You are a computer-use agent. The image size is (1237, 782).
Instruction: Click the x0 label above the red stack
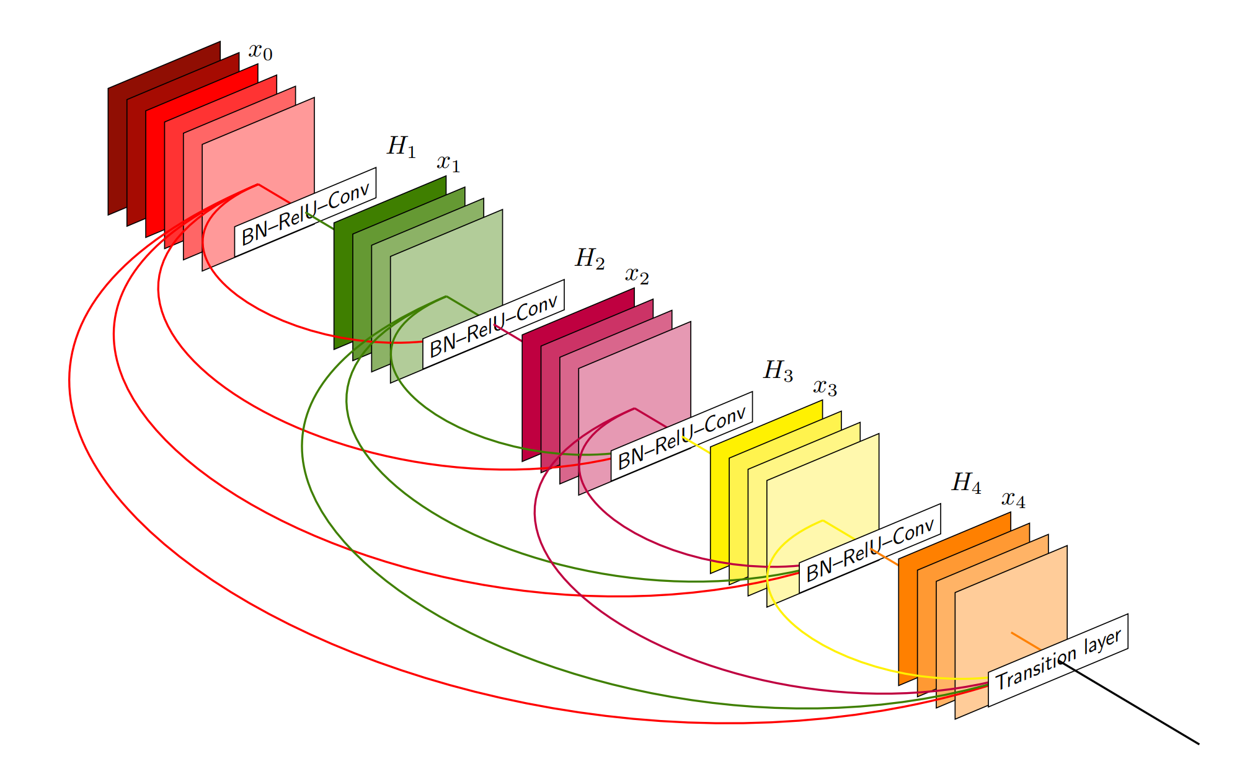260,52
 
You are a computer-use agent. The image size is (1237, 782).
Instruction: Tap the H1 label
401,147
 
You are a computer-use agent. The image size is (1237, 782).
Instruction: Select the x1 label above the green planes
448,163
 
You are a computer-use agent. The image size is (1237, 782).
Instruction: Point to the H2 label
590,258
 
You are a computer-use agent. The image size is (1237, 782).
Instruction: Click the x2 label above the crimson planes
637,275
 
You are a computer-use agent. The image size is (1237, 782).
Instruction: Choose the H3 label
778,371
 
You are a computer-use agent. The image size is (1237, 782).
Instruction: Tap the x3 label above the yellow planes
825,387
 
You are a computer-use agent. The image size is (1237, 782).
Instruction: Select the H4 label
966,482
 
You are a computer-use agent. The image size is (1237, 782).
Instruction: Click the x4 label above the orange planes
1013,499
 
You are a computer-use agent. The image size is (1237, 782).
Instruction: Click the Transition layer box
1058,660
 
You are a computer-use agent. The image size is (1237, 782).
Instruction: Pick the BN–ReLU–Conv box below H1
305,213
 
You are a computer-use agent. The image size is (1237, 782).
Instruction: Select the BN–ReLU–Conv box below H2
494,325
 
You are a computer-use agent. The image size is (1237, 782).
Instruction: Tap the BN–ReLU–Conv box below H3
682,436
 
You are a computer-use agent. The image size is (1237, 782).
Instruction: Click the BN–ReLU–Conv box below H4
870,548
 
